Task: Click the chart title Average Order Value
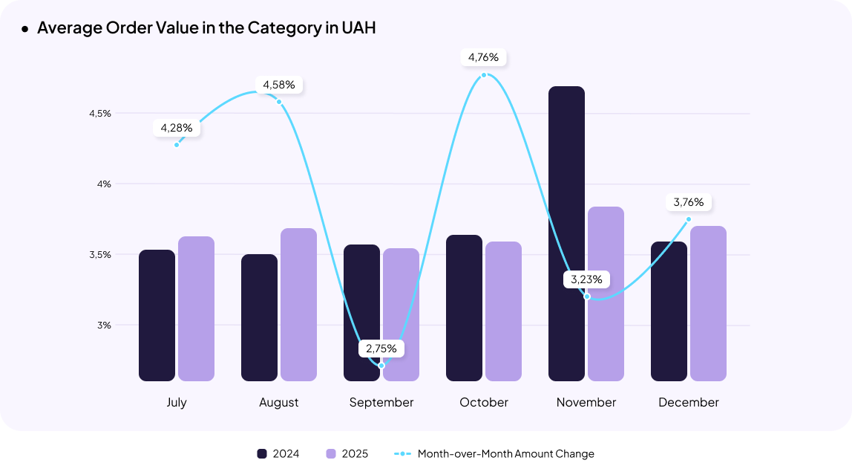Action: tap(206, 28)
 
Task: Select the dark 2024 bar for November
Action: tap(566, 234)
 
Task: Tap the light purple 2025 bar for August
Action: tap(298, 305)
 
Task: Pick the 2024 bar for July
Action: tap(157, 316)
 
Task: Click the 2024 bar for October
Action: tap(464, 308)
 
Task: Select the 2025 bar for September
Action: tap(402, 314)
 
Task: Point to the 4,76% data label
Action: tap(484, 57)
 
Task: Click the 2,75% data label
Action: tap(381, 348)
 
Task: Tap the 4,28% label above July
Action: tap(177, 128)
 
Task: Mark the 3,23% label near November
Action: tap(586, 280)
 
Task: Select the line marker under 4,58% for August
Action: tap(279, 101)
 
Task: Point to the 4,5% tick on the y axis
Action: tap(99, 114)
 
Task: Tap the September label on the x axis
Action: tap(381, 402)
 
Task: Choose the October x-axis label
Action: tap(484, 402)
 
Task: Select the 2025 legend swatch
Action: tap(331, 453)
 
